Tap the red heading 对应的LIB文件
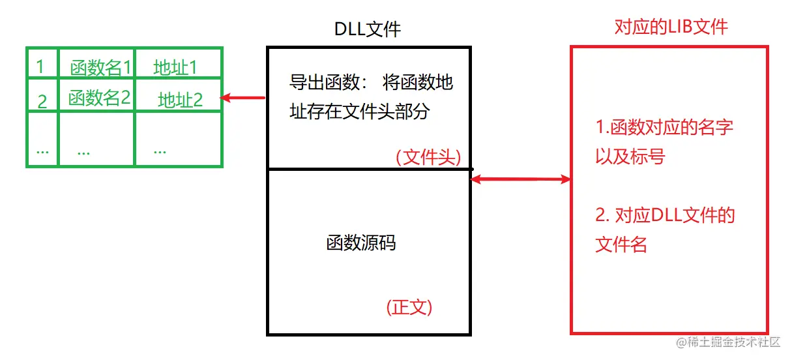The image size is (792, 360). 671,27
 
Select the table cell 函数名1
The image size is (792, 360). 100,67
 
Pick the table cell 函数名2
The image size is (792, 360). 100,98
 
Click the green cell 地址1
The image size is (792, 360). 175,67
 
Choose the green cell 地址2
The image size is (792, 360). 180,100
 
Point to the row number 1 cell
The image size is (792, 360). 40,67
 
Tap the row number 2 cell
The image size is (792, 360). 42,101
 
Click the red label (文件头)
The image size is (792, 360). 428,157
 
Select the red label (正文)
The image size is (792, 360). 409,307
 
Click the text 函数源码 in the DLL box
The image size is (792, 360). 361,243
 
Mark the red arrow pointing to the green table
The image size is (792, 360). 242,98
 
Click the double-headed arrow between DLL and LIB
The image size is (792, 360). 520,179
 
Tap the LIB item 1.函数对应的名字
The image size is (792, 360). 664,127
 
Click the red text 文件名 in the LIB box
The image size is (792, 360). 621,245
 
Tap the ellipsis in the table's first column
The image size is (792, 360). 43,150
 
